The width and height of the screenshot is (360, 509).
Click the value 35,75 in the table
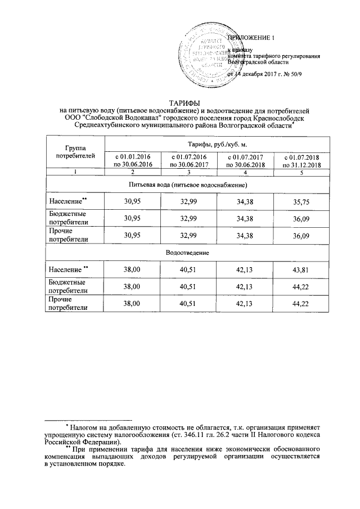(302, 201)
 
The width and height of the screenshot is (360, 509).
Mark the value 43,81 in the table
(302, 270)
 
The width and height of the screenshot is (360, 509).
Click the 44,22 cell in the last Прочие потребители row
(302, 304)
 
